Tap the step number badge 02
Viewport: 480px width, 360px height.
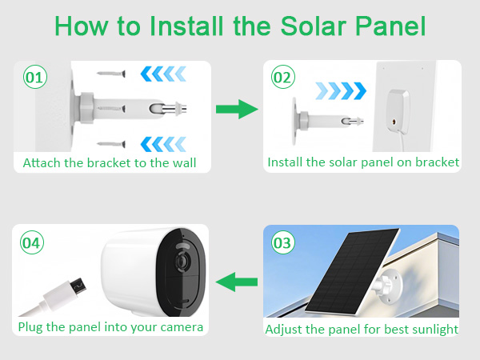[x=282, y=78]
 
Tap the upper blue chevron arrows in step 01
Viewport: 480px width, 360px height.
[x=163, y=74]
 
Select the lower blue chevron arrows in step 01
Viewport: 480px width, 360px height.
[x=163, y=143]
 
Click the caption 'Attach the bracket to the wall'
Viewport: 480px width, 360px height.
[x=110, y=162]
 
